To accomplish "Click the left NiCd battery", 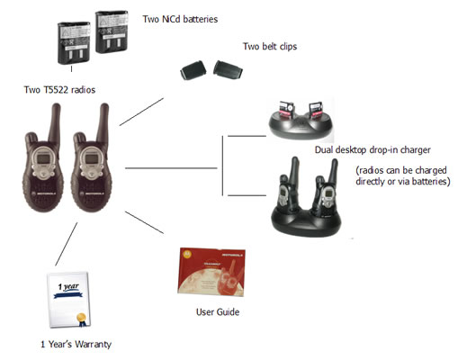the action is pyautogui.click(x=74, y=43).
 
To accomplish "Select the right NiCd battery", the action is pyautogui.click(x=112, y=31).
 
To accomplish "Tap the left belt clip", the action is pyautogui.click(x=193, y=70).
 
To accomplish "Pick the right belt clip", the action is pyautogui.click(x=228, y=70).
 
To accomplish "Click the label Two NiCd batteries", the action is pyautogui.click(x=180, y=19).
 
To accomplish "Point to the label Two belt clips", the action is pyautogui.click(x=270, y=47).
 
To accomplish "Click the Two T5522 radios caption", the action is pyautogui.click(x=59, y=90).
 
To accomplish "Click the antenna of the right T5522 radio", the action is pyautogui.click(x=103, y=123).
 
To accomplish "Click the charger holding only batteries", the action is pyautogui.click(x=301, y=120).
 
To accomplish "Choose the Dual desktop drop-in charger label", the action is pyautogui.click(x=373, y=149).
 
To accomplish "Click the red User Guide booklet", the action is pyautogui.click(x=211, y=272).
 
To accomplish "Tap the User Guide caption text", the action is pyautogui.click(x=218, y=312).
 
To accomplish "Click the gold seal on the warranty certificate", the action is pyautogui.click(x=82, y=317).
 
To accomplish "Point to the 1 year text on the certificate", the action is pyautogui.click(x=68, y=287).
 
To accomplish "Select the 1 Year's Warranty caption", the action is pyautogui.click(x=76, y=344).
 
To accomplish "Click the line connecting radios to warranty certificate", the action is pyautogui.click(x=67, y=244).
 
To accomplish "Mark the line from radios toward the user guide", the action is pyautogui.click(x=144, y=222).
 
